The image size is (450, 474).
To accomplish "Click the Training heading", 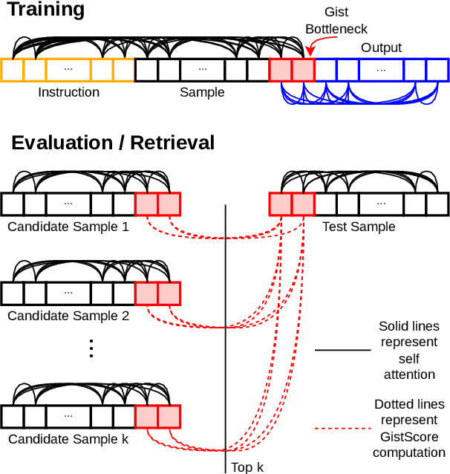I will tap(45, 10).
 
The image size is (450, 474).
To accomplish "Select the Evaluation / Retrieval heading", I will tap(113, 143).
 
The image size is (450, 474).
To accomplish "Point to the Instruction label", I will tap(68, 92).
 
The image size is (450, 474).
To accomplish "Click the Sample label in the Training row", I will tap(202, 92).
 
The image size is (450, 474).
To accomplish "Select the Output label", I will tap(381, 48).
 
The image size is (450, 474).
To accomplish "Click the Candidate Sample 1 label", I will tap(68, 226).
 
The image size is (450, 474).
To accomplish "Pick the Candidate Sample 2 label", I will tap(68, 315).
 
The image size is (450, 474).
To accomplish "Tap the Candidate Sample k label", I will tap(68, 439).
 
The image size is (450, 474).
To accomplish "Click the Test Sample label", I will tap(358, 226).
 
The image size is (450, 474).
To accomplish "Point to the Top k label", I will tap(247, 467).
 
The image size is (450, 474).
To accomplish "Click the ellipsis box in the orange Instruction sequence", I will tap(68, 70).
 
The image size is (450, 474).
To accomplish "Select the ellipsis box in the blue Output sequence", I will tap(381, 70).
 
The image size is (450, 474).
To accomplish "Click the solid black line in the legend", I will tap(342, 349).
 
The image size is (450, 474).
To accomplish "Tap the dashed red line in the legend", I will tap(342, 429).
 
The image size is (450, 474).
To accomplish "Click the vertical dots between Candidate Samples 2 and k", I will tap(91, 348).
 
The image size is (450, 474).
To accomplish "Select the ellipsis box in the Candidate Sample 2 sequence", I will tap(68, 293).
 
